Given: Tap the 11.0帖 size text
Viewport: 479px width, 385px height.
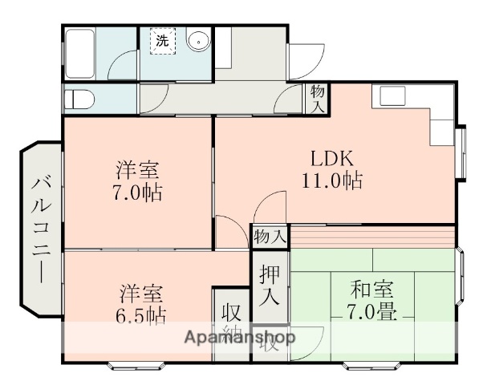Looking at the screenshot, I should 331,180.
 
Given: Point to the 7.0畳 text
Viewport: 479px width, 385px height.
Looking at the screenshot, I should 372,311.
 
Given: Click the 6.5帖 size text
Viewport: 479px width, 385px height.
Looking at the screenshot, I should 143,314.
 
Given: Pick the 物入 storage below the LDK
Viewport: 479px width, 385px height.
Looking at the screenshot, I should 270,236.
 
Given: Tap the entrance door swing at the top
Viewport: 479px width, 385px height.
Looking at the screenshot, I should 303,58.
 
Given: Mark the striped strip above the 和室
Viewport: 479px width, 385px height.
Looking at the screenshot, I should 372,237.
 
